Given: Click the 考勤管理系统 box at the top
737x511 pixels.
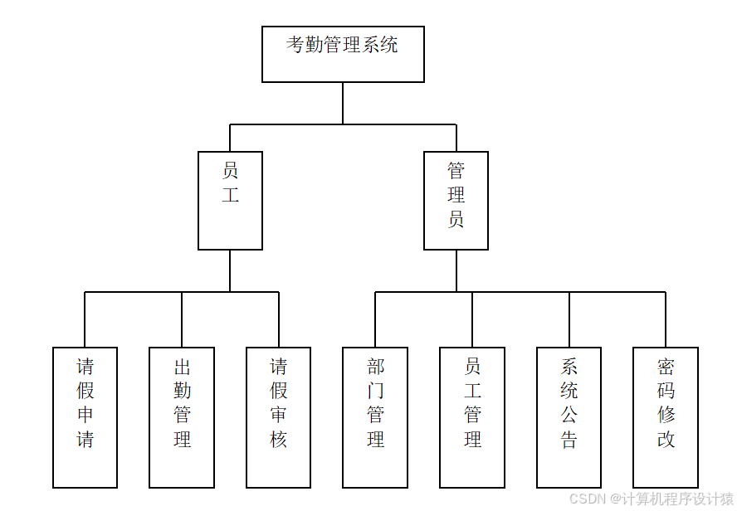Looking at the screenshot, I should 343,54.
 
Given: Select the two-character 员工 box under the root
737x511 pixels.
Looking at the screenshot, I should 230,200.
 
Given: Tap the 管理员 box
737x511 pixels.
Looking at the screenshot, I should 456,200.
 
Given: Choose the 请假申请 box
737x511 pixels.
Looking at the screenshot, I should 85,416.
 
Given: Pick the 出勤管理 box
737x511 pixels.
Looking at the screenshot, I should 182,416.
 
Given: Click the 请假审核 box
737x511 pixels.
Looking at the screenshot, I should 278,416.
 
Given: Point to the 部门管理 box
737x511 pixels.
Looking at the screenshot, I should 375,416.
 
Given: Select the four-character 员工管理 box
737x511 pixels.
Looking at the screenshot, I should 472,416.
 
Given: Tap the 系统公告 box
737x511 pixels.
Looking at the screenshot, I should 569,416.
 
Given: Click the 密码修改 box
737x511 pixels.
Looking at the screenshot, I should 666,416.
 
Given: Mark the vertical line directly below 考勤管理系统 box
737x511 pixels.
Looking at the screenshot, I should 343,103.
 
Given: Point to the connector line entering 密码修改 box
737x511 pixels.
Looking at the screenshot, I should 666,319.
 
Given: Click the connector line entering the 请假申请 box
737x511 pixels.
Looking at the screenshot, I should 85,319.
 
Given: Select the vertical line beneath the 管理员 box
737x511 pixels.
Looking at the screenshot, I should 456,270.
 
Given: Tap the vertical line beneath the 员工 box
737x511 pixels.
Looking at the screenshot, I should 230,270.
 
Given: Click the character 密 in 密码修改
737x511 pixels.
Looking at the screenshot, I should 666,367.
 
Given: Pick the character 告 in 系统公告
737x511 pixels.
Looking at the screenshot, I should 569,440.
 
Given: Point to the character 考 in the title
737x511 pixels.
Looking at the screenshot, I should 296,45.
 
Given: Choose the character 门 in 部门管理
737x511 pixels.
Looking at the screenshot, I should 375,391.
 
